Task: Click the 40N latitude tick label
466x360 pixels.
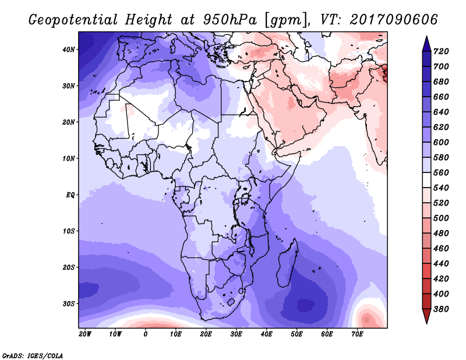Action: pos(69,50)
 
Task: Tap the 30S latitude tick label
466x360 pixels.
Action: pos(69,304)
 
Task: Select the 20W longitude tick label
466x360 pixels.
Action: pos(85,334)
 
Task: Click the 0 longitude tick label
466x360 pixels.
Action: pos(145,334)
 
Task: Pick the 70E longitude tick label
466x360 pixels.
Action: pos(357,334)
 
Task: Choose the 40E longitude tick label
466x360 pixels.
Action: pos(266,334)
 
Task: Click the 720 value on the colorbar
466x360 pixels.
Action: pos(441,51)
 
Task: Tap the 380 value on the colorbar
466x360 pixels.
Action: pos(441,309)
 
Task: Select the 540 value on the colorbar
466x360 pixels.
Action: pos(441,188)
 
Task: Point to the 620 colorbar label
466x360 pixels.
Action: pos(441,127)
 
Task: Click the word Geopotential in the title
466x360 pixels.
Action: pos(73,20)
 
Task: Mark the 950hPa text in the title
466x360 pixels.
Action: pos(230,20)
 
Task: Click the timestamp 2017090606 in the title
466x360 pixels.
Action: pos(394,20)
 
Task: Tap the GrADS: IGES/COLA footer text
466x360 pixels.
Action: pos(33,356)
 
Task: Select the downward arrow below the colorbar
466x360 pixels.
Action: pos(426,316)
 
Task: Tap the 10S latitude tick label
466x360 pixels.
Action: pos(69,231)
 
